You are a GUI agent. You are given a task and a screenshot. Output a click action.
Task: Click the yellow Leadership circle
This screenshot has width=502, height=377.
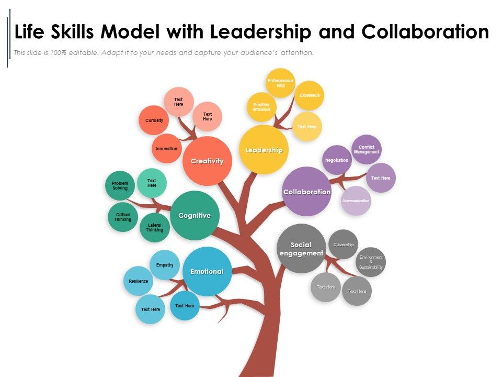tap(264, 150)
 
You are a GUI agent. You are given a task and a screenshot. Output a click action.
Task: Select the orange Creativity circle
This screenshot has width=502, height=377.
tap(207, 161)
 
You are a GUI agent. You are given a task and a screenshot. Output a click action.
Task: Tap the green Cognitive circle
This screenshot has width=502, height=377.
tap(195, 215)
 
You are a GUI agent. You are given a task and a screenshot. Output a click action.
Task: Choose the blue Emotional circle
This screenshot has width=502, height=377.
tap(207, 271)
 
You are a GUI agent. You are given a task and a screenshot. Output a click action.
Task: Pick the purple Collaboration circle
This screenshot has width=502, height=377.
tap(307, 192)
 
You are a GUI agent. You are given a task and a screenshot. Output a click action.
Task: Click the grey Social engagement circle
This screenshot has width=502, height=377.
tap(301, 248)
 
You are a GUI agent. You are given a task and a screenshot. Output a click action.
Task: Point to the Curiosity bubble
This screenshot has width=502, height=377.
tap(154, 120)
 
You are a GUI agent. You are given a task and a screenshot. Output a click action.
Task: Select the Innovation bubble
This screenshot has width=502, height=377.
tap(166, 149)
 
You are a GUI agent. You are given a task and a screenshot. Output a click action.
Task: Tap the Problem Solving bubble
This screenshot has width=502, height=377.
tap(120, 186)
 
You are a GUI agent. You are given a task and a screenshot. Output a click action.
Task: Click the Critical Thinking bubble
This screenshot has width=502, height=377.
tap(123, 217)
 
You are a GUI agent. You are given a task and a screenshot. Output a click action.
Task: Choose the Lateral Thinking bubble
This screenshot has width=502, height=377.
tap(155, 227)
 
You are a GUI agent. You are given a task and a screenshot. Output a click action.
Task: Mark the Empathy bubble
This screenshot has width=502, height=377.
tap(165, 265)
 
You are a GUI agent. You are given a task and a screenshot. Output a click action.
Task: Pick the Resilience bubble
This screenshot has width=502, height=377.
tap(139, 281)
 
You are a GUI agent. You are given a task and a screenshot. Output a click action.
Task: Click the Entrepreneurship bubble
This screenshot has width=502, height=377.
tap(281, 83)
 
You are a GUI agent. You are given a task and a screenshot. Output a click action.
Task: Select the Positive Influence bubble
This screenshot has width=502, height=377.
tap(261, 107)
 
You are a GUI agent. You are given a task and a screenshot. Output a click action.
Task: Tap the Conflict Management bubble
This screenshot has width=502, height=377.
tap(366, 150)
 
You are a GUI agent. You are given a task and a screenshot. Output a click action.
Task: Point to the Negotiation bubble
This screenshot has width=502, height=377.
tap(337, 160)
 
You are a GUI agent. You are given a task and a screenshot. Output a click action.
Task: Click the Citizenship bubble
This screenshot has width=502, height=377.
tap(344, 245)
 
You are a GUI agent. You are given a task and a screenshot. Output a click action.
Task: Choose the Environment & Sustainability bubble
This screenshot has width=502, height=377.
tap(371, 262)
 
